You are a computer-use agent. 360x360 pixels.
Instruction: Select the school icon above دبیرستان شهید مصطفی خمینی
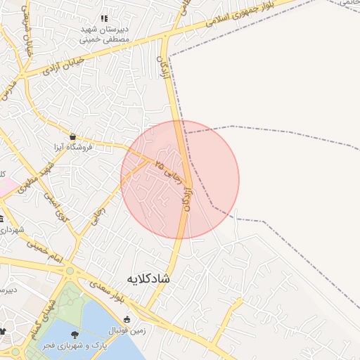click(104, 19)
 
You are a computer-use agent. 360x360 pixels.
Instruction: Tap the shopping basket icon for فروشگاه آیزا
click(73, 136)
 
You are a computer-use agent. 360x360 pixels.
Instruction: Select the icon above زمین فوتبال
click(127, 320)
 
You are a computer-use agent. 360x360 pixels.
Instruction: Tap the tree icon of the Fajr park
click(75, 335)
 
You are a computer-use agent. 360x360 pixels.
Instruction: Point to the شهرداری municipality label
click(11, 231)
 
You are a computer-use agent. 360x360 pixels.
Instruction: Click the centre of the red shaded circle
click(180, 180)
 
